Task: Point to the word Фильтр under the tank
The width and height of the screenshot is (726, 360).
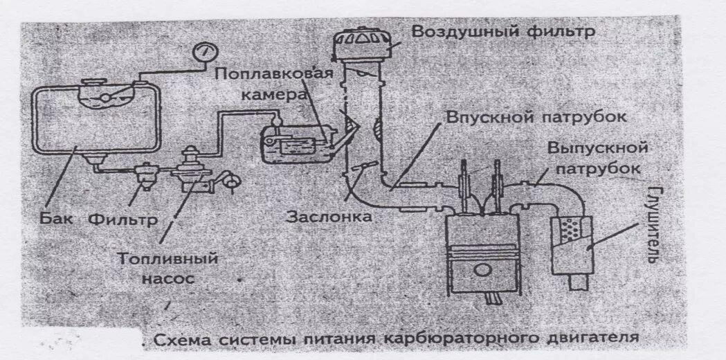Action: pyautogui.click(x=122, y=219)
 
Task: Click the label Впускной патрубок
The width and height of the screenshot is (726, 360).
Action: pyautogui.click(x=536, y=116)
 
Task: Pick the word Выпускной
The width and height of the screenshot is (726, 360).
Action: pyautogui.click(x=597, y=148)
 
